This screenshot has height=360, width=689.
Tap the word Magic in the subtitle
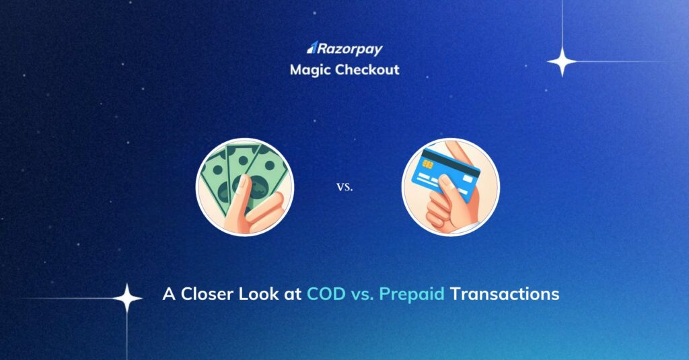(x=309, y=69)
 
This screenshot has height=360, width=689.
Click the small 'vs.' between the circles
(x=344, y=187)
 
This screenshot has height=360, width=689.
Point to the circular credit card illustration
(x=451, y=186)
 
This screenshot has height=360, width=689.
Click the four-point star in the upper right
(x=562, y=62)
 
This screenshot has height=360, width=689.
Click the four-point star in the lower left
(x=126, y=299)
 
